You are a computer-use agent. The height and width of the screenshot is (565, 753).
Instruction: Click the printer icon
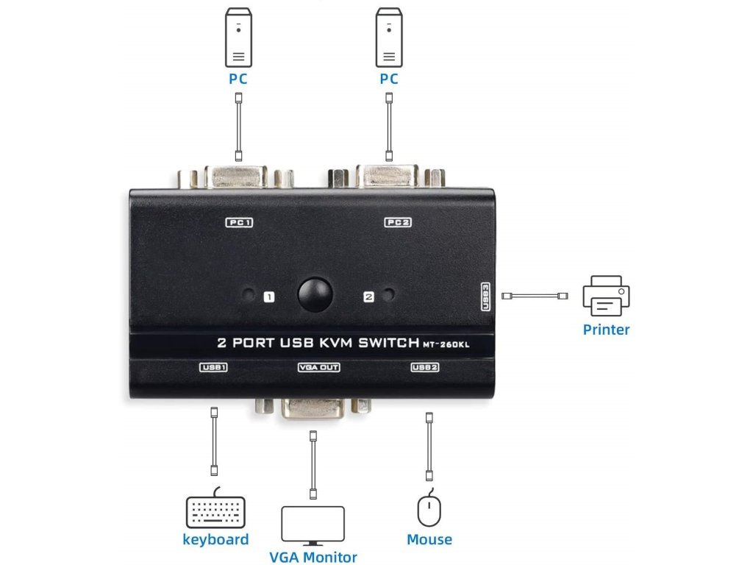607,296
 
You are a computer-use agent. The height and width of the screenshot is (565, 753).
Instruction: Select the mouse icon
429,509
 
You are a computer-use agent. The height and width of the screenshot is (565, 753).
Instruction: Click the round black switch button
316,294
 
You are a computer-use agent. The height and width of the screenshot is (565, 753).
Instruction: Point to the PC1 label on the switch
239,221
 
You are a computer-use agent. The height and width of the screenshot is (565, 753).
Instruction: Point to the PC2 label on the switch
397,221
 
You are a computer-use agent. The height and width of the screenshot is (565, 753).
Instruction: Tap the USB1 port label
214,366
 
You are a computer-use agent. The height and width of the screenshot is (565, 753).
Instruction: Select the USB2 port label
425,366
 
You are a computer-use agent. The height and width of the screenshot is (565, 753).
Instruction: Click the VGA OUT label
319,366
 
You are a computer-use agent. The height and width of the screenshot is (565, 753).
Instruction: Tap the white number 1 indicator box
269,297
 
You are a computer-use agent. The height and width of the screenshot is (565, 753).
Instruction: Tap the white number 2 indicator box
368,297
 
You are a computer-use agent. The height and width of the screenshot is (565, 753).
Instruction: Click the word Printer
606,330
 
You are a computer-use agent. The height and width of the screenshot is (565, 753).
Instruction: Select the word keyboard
215,539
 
